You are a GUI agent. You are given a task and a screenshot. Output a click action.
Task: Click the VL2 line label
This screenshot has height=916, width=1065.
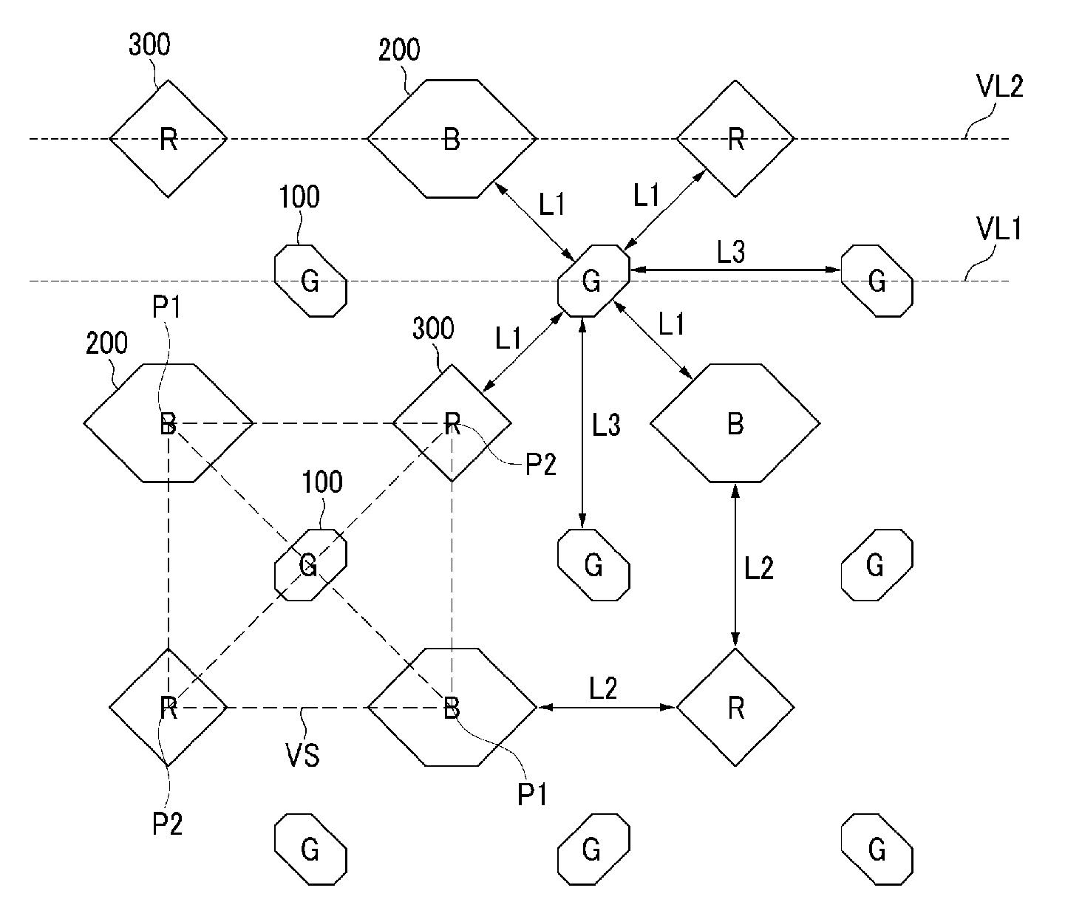tap(999, 86)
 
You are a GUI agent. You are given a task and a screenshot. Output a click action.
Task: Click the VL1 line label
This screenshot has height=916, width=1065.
tap(999, 228)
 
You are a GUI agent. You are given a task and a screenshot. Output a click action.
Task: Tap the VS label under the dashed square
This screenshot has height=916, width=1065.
tap(302, 756)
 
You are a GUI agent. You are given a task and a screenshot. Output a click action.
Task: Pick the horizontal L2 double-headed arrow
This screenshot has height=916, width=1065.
tap(607, 708)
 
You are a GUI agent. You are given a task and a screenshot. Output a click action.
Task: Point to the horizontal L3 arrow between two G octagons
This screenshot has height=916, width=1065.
tap(735, 270)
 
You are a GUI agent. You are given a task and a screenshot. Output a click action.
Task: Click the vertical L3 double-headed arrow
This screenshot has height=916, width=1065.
tap(582, 423)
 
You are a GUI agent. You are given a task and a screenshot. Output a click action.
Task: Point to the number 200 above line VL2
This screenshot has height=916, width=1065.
tap(399, 50)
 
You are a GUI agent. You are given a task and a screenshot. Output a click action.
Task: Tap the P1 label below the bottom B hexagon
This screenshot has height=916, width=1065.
tap(532, 795)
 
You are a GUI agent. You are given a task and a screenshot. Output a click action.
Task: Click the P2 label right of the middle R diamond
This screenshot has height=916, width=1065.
tap(541, 465)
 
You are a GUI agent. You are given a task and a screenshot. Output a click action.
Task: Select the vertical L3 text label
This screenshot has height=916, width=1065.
tap(606, 425)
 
